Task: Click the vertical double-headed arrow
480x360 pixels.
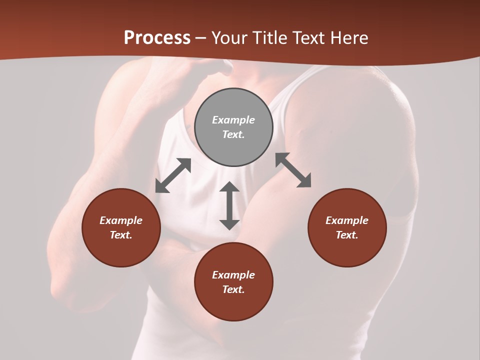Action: pos(229,205)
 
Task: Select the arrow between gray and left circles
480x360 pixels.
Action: pos(173,175)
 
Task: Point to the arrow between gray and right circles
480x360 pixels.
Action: pos(293,170)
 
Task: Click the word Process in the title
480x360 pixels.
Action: pos(157,38)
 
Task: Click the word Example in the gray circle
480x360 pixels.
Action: pos(233,120)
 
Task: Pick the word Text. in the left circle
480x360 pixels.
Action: pos(121,235)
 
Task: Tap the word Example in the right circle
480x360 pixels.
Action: pos(347,220)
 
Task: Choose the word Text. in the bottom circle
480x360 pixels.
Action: pos(233,289)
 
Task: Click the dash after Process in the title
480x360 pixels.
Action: pos(201,38)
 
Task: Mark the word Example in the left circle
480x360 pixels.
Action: pos(121,220)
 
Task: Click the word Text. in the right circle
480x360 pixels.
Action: pos(347,235)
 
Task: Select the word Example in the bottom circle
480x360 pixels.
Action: pos(233,275)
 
